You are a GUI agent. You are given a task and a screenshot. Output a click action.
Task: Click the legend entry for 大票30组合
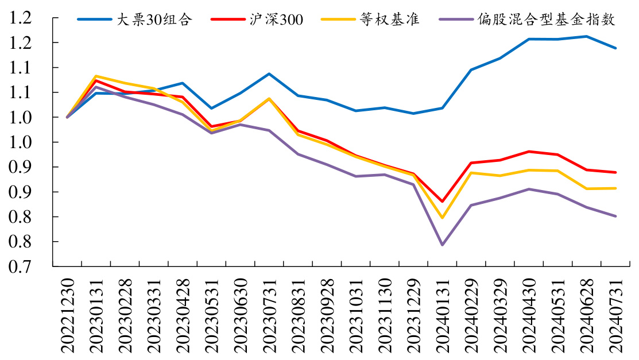[x=153, y=20]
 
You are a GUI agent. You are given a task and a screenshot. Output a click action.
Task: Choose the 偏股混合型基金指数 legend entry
[x=545, y=20]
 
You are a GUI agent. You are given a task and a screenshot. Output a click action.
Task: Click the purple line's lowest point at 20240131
[x=443, y=245]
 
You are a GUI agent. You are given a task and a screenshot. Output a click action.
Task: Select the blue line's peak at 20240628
[x=587, y=36]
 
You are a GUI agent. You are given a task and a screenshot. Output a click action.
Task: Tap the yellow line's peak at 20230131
[x=96, y=76]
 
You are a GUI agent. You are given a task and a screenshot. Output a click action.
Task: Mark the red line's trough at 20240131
[x=443, y=202]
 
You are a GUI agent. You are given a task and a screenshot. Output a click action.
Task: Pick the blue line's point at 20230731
[x=269, y=73]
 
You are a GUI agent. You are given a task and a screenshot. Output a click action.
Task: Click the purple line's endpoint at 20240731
[x=615, y=216]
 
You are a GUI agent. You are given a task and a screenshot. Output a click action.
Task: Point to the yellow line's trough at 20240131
[x=443, y=218]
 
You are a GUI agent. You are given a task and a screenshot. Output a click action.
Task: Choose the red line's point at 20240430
[x=529, y=152]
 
